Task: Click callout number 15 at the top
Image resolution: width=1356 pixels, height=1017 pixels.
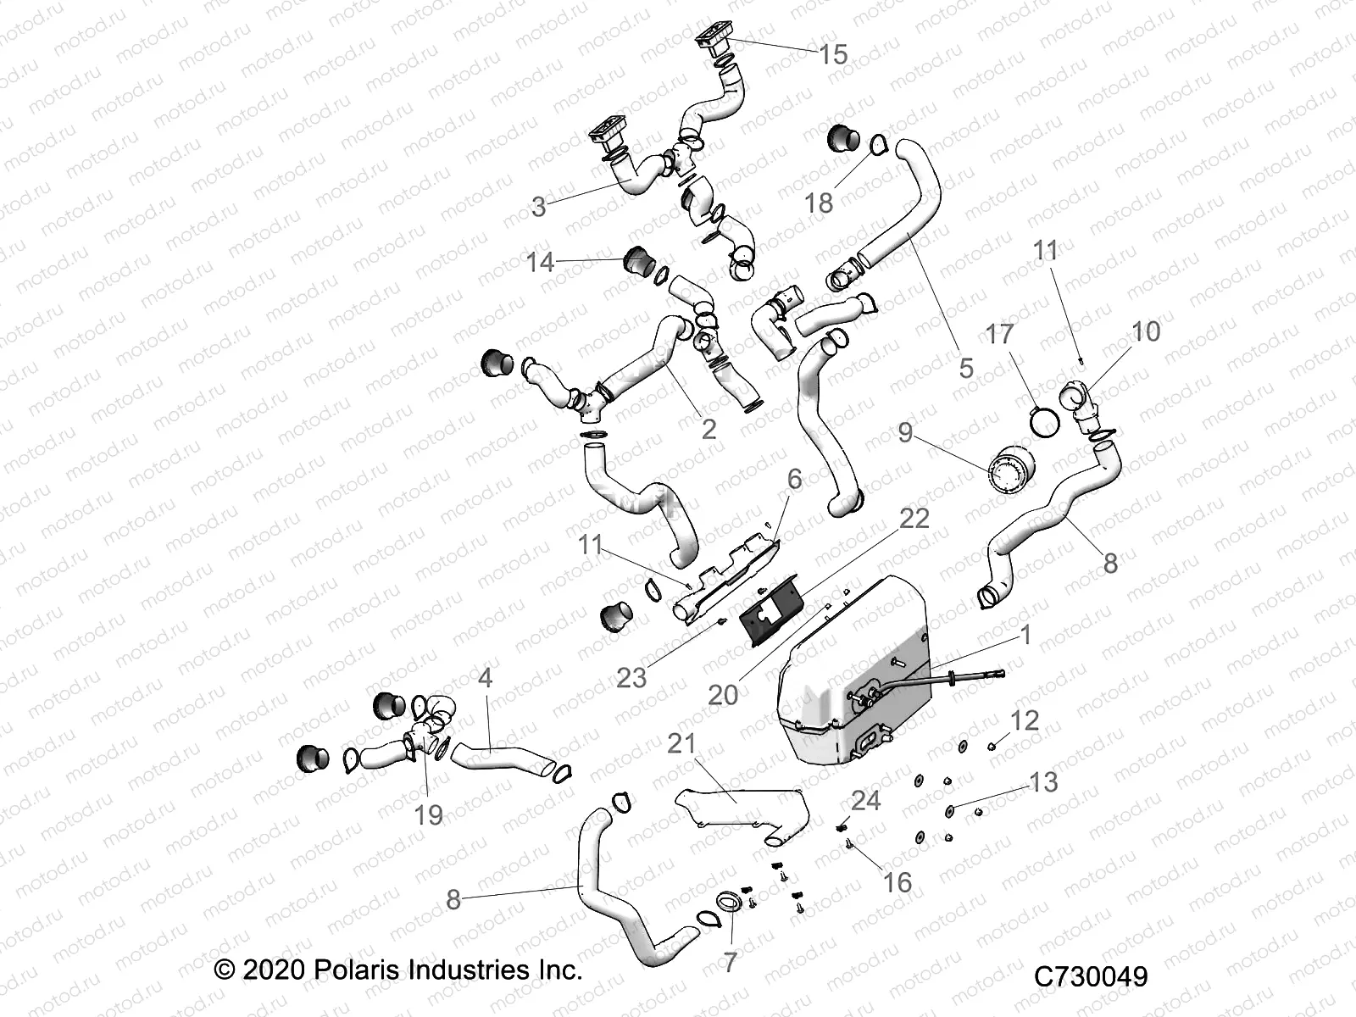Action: (x=833, y=55)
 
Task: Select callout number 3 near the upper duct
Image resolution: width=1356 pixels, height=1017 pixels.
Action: (x=539, y=207)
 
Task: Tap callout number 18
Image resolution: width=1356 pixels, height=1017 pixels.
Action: (x=819, y=203)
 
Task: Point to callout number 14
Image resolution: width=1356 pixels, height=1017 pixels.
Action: (x=540, y=263)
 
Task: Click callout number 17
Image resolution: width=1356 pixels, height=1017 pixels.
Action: (x=999, y=334)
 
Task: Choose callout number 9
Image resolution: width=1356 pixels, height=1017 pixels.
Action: (x=905, y=432)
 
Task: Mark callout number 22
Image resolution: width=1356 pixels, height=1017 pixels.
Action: (x=914, y=518)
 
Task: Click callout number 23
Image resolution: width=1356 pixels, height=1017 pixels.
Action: (x=631, y=677)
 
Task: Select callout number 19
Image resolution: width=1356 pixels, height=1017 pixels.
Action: (x=429, y=814)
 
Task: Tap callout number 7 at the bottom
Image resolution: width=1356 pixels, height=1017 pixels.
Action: (x=730, y=962)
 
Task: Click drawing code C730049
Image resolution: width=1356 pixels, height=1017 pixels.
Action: (x=1091, y=977)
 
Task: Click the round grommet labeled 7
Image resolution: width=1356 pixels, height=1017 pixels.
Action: (x=731, y=903)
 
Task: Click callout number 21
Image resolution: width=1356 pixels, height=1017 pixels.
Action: (x=681, y=743)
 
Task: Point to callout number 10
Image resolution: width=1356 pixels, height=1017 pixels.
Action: (x=1146, y=331)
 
